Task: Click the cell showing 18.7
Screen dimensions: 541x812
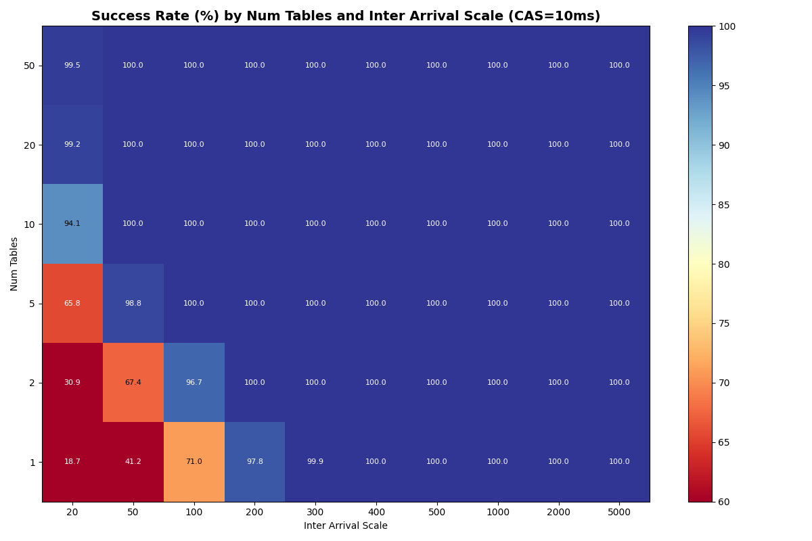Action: [72, 462]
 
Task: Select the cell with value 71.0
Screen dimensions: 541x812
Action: [194, 462]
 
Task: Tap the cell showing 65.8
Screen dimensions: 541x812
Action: [72, 304]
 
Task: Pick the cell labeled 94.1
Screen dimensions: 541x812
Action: [72, 224]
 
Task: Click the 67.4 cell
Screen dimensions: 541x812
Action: [133, 383]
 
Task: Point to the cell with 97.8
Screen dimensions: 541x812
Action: [254, 462]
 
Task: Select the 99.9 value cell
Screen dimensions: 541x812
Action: [315, 462]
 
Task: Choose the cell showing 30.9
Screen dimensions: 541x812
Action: [72, 383]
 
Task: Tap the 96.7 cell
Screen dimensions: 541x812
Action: [194, 383]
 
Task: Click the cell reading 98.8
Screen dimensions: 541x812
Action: [133, 304]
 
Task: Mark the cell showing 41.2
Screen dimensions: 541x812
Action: [133, 462]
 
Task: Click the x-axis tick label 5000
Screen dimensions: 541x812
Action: [619, 513]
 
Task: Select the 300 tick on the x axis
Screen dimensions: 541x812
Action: [315, 513]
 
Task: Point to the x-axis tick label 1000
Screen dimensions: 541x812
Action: [498, 513]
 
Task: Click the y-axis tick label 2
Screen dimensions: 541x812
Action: [32, 383]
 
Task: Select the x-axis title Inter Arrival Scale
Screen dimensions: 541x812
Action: [346, 526]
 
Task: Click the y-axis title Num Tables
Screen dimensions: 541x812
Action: [14, 264]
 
